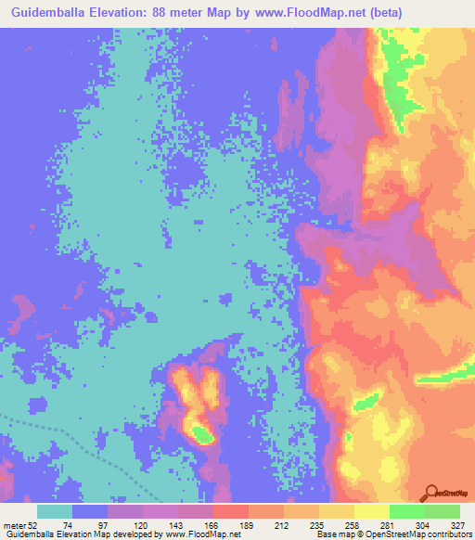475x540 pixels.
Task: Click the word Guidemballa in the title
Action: (58, 13)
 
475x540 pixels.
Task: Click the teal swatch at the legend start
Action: (55, 511)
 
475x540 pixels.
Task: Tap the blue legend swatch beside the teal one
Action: (90, 511)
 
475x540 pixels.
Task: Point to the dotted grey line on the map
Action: (74, 442)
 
